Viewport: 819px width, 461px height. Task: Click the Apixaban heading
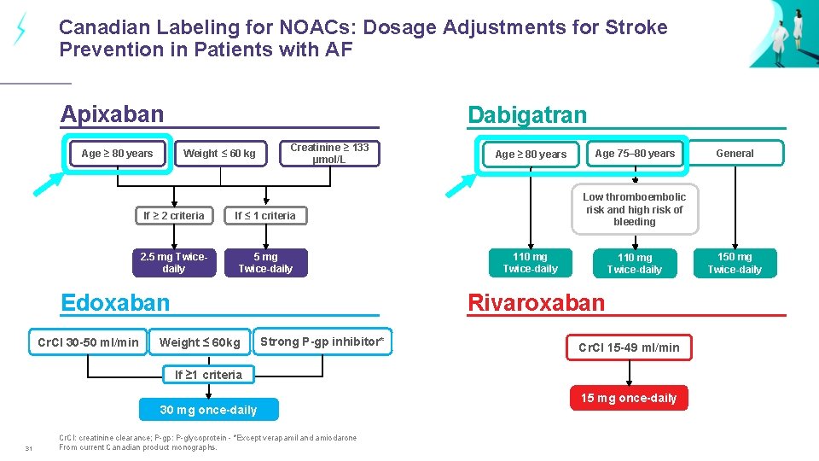[x=112, y=114]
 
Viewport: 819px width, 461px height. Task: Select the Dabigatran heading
[x=526, y=115]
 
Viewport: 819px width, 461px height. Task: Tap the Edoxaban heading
[x=115, y=302]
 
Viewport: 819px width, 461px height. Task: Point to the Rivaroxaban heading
[x=536, y=302]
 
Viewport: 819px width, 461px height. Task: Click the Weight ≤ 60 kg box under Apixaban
[x=219, y=154]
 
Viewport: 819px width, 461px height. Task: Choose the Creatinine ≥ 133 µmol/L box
[x=329, y=154]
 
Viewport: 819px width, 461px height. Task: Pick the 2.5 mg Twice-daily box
[x=173, y=263]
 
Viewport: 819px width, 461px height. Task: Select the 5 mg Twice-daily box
[x=265, y=263]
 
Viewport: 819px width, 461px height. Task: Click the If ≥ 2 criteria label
[x=173, y=216]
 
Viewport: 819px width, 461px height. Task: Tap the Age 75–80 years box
[x=635, y=154]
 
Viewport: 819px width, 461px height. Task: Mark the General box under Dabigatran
[x=735, y=154]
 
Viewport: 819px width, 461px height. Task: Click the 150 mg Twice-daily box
[x=735, y=263]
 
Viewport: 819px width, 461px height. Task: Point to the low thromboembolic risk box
[x=634, y=209]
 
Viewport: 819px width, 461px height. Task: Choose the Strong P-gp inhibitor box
[x=322, y=341]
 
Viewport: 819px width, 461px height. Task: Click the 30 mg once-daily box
[x=208, y=410]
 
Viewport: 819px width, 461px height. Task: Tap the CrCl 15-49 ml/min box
[x=629, y=347]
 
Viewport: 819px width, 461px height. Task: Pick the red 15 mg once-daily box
[x=629, y=398]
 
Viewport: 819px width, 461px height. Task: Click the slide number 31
[x=28, y=450]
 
